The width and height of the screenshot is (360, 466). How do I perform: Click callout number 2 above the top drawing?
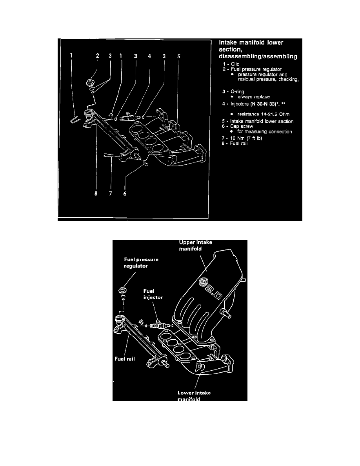(98, 56)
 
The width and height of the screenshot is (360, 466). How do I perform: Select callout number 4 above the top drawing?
(149, 56)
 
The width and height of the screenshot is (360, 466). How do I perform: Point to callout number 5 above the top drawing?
(178, 56)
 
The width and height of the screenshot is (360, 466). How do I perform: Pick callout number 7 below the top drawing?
(111, 197)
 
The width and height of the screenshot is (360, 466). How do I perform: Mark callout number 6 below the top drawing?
(125, 197)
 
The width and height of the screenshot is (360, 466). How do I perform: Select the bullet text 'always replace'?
(254, 96)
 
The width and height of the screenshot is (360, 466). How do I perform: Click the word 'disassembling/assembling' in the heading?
(257, 56)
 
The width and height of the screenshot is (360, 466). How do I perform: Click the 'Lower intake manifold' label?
(194, 396)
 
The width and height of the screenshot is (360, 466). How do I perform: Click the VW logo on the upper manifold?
(204, 282)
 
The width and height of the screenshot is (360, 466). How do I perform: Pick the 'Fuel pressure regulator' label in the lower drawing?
(141, 262)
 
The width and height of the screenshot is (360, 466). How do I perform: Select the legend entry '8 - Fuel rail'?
(235, 143)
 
